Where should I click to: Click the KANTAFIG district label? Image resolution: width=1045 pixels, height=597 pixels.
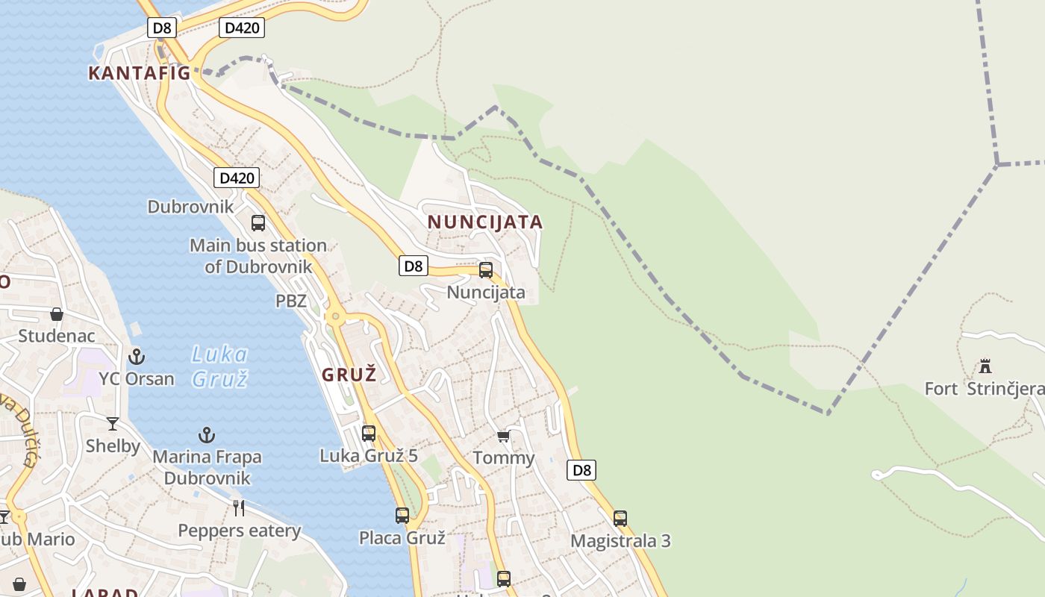tap(140, 73)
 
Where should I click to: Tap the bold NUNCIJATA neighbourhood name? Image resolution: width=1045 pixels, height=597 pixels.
tap(485, 222)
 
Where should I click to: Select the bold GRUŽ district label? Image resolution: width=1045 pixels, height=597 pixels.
tap(349, 375)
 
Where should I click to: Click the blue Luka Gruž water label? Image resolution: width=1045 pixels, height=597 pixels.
tap(219, 366)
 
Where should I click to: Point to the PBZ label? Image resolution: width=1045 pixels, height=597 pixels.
tap(291, 301)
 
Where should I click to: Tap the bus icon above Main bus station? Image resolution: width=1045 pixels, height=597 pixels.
tap(258, 222)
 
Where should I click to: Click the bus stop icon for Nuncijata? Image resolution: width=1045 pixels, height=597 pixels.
tap(486, 270)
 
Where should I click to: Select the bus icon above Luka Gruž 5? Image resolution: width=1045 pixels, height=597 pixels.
tap(369, 433)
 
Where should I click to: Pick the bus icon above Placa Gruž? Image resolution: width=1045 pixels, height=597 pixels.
tap(402, 515)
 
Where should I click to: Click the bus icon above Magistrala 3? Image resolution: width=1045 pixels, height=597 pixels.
tap(620, 518)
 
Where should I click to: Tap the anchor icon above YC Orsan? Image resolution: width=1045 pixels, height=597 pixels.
tap(137, 356)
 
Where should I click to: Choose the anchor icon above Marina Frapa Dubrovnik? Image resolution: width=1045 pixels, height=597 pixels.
tap(207, 434)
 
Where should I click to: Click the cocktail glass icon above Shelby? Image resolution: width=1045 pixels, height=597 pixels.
tap(113, 424)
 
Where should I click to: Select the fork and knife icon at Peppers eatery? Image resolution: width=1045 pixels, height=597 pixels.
tap(239, 508)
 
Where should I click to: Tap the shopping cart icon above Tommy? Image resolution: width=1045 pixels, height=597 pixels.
tap(504, 436)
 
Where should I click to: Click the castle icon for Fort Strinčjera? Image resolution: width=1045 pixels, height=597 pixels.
tap(985, 366)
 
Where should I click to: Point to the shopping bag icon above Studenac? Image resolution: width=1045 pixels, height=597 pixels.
tap(57, 314)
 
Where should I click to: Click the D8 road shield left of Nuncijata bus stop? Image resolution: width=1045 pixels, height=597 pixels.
tap(414, 266)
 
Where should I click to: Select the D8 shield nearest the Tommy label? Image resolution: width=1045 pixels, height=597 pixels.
tap(581, 470)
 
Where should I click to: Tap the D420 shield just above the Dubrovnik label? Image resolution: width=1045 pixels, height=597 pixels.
tap(237, 178)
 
